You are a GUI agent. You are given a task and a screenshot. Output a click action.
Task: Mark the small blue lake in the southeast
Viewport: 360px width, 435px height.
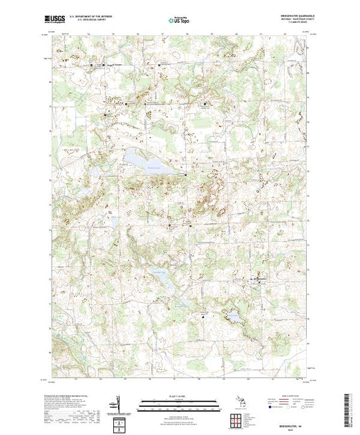[233, 317]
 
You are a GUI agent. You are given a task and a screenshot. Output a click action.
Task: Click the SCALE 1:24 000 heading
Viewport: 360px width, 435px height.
[179, 394]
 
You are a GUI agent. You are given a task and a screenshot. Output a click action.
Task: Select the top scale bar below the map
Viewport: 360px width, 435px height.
[179, 400]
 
